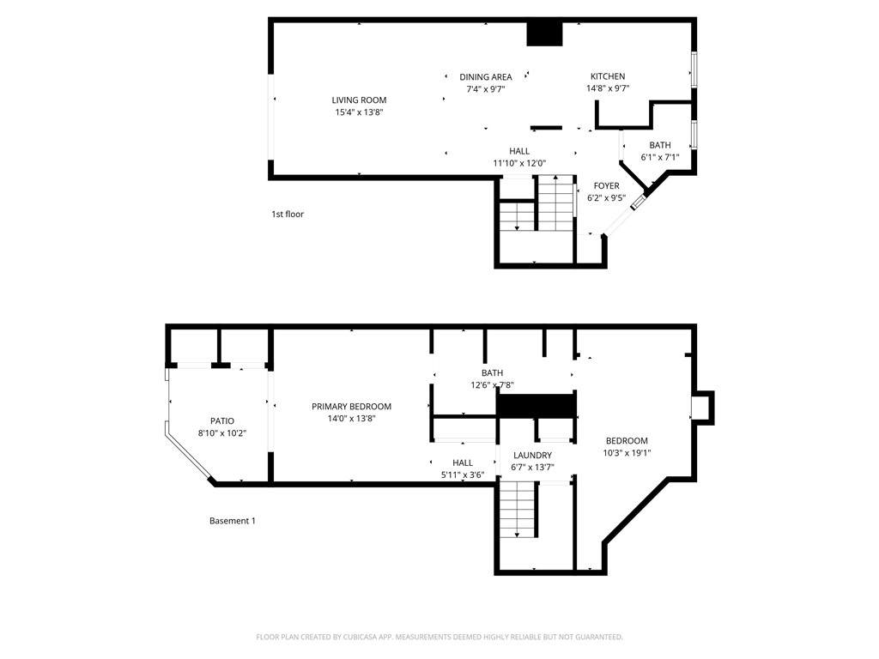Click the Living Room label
[x=359, y=100]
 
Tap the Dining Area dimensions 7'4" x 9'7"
[x=486, y=88]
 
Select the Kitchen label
[x=608, y=76]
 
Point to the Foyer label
[x=607, y=185]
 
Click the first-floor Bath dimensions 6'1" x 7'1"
[x=660, y=158]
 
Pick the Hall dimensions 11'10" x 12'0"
[x=519, y=163]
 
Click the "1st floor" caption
[x=288, y=214]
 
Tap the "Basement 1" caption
[x=233, y=521]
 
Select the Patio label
[x=222, y=420]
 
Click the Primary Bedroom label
[x=351, y=406]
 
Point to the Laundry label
[x=532, y=455]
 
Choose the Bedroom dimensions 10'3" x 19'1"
[x=627, y=453]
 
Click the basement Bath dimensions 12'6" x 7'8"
[x=492, y=385]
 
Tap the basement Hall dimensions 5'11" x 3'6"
[x=463, y=475]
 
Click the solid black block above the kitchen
[x=544, y=33]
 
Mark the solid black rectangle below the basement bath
[x=536, y=405]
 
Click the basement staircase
[x=518, y=510]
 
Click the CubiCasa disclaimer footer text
[x=439, y=637]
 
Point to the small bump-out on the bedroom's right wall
[x=703, y=408]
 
